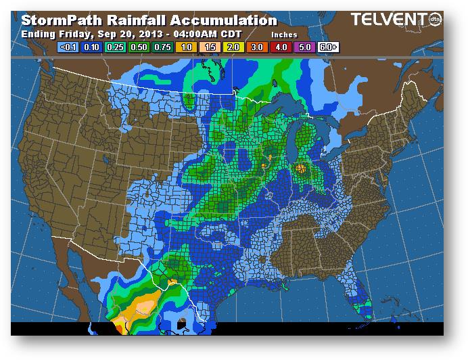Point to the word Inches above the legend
(284, 34)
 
